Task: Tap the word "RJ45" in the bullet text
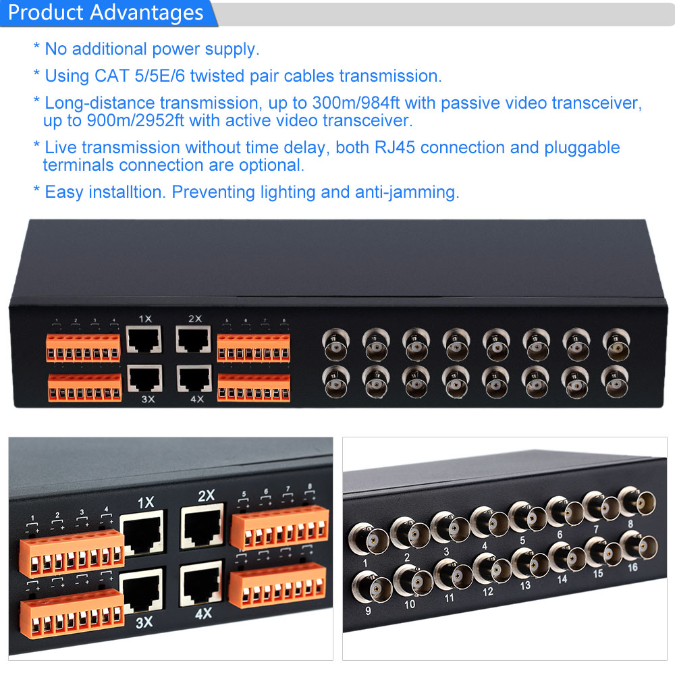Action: (395, 147)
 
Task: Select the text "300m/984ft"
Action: (356, 103)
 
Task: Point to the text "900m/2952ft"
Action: (136, 121)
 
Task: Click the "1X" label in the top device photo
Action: (146, 319)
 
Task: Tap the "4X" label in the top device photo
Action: (197, 399)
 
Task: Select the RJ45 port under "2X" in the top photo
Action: (193, 340)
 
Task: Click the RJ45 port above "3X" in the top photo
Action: (144, 379)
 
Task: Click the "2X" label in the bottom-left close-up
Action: (207, 495)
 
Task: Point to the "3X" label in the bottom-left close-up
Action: (144, 622)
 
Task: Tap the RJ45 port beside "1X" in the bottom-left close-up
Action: (142, 533)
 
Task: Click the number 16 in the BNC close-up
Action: (632, 568)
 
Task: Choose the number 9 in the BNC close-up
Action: (368, 610)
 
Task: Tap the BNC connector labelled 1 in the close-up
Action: (369, 539)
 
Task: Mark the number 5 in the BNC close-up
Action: (522, 540)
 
